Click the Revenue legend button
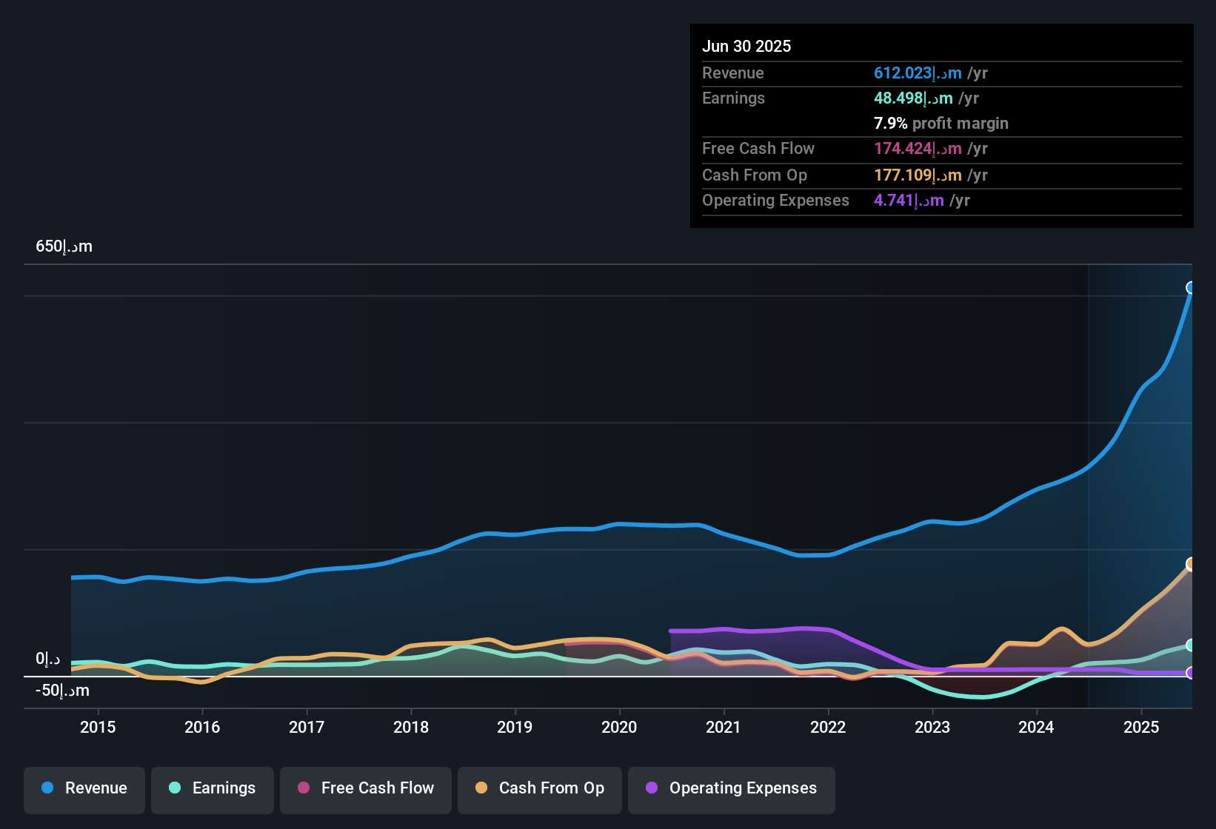click(x=84, y=789)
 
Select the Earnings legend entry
click(x=213, y=789)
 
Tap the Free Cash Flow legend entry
click(x=366, y=789)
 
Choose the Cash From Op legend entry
click(x=540, y=789)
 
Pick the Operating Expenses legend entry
click(x=732, y=789)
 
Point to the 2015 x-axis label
click(x=98, y=728)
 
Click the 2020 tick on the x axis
click(x=619, y=728)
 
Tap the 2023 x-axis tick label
click(x=932, y=728)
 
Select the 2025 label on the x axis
click(x=1141, y=728)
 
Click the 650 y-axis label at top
click(x=64, y=246)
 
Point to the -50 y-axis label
click(x=62, y=691)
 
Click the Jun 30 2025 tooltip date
click(x=746, y=47)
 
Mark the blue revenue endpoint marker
click(x=1191, y=288)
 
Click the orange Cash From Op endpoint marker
click(x=1191, y=564)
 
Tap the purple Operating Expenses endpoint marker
click(x=1191, y=673)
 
